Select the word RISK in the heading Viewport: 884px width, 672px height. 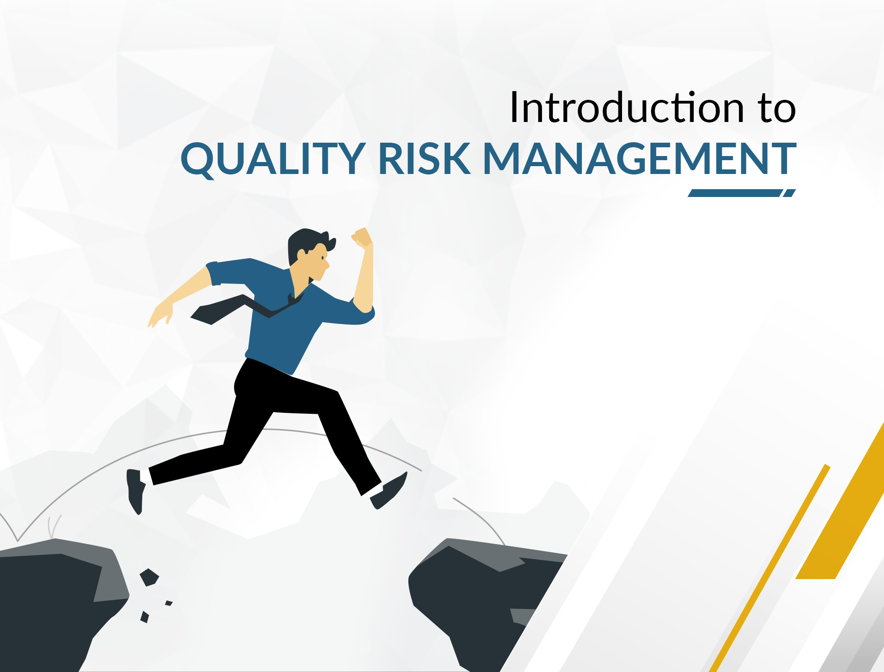pos(424,158)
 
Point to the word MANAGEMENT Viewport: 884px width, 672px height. pos(640,158)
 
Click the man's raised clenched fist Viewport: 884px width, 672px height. pos(363,238)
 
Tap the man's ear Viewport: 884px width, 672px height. pos(302,255)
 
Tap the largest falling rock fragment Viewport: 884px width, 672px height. pos(149,577)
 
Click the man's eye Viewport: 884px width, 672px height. pos(323,257)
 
